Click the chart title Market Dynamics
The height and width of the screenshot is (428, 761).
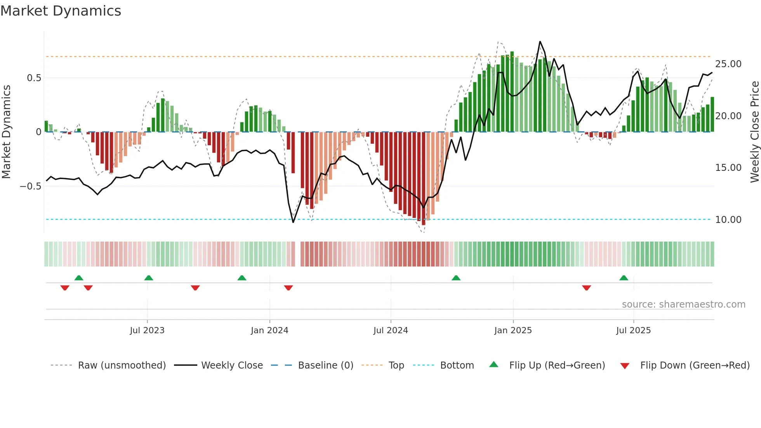61,11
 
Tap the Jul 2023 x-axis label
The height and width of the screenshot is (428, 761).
147,331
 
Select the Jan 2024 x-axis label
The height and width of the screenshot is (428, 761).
269,331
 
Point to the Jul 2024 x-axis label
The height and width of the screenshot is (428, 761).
391,331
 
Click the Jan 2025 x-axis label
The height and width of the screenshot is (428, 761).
513,331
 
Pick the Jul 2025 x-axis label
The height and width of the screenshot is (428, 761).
633,331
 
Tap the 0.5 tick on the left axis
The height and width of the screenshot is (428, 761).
34,78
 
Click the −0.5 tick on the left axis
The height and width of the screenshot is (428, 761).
31,186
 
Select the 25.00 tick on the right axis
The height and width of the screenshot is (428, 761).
728,64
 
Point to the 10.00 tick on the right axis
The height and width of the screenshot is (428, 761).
728,220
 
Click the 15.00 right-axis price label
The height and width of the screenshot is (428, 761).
728,168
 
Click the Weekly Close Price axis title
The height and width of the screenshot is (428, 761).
754,132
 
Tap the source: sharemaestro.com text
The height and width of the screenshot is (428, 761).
683,304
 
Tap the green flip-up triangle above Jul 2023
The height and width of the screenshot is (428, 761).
149,278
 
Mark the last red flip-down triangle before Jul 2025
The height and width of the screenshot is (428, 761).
586,288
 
